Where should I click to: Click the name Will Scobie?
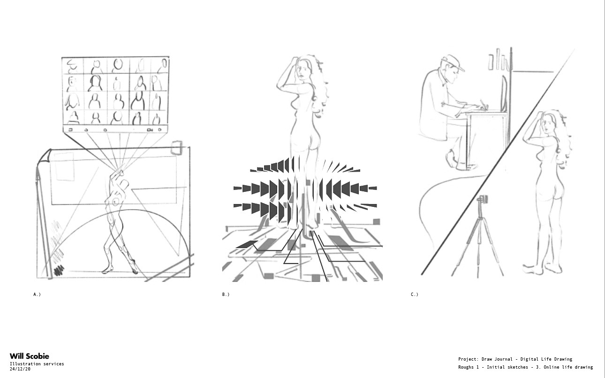coord(30,356)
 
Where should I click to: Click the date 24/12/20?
coord(20,369)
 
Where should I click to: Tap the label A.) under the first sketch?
coord(37,295)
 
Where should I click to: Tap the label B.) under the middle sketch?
coord(226,295)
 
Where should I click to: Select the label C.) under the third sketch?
coord(415,295)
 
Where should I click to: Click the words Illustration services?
coord(37,363)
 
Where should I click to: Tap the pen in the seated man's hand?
coord(483,105)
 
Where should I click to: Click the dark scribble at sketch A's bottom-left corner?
coord(59,270)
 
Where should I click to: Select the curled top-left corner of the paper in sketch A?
coord(44,156)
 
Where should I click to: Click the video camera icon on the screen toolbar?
coord(150,130)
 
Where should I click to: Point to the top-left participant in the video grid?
coord(72,66)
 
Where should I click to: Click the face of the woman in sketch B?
coord(301,69)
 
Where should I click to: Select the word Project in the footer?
coord(467,359)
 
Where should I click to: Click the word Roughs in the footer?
coord(466,367)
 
